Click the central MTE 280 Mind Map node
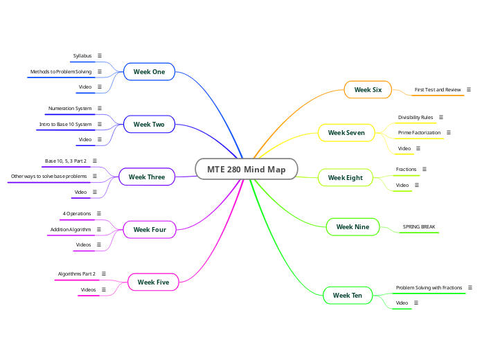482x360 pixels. pos(246,170)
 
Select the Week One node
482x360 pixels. pos(149,71)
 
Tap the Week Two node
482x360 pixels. pos(149,125)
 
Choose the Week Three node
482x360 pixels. pos(147,177)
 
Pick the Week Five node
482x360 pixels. pos(154,282)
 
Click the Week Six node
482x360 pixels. pos(368,90)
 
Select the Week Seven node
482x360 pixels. pos(346,132)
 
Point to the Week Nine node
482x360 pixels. pos(352,226)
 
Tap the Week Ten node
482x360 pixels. pos(348,296)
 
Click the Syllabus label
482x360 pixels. pos(82,55)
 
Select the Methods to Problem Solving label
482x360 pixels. pos(61,71)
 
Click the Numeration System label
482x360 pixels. pos(70,109)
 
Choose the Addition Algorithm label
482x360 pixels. pos(71,229)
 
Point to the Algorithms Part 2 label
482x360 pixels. pos(77,274)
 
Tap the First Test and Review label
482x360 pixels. pos(438,90)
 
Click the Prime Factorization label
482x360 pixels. pos(419,132)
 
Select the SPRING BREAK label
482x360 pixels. pos(420,226)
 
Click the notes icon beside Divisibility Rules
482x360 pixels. pos(441,118)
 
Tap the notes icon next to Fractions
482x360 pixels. pos(425,169)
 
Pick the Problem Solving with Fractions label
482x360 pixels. pos(429,287)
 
